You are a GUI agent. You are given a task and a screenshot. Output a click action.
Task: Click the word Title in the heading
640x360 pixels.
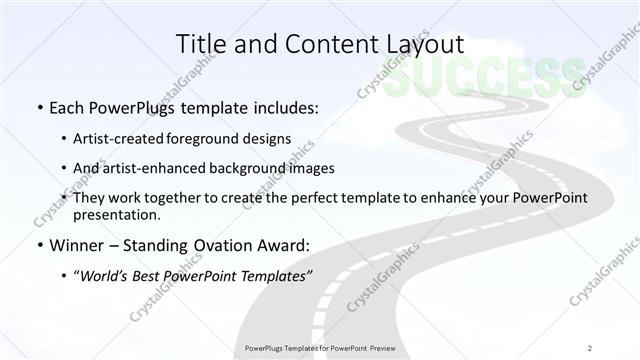[199, 44]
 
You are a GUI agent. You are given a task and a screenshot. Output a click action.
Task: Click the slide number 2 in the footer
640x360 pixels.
[589, 348]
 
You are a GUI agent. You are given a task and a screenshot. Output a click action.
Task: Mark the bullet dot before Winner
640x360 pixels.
[39, 243]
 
